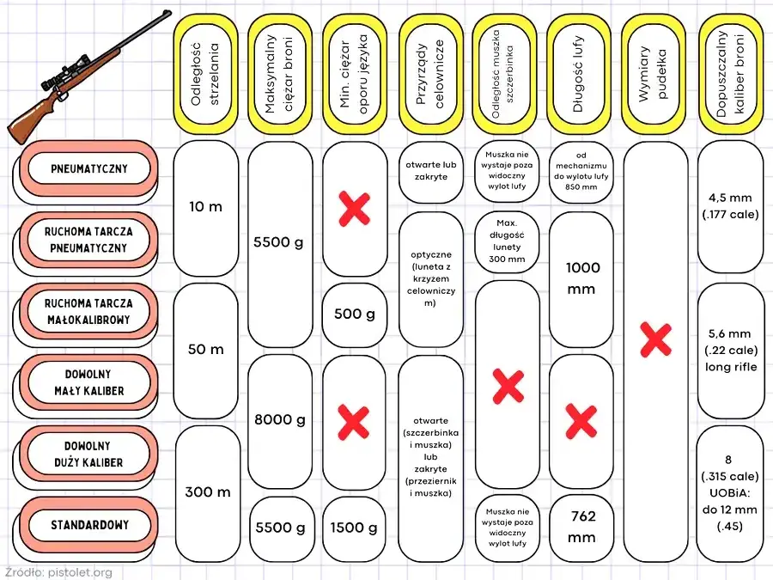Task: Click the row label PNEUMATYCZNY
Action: click(88, 168)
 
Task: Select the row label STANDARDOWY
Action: click(88, 525)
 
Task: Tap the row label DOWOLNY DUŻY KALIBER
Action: click(88, 454)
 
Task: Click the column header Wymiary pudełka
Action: click(653, 74)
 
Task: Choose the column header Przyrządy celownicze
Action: click(430, 74)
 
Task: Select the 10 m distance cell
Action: click(206, 207)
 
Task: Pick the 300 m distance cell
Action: click(208, 492)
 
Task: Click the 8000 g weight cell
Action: click(280, 420)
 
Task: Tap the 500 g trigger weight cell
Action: click(355, 314)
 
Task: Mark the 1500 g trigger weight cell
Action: click(354, 528)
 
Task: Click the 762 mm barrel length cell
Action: click(581, 527)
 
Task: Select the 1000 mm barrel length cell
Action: click(581, 278)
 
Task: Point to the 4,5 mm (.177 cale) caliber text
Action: click(731, 206)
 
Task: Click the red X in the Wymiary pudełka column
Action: click(655, 339)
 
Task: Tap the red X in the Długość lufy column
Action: click(581, 421)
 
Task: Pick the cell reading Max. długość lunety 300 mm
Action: click(507, 241)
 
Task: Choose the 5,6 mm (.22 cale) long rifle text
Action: click(731, 351)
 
